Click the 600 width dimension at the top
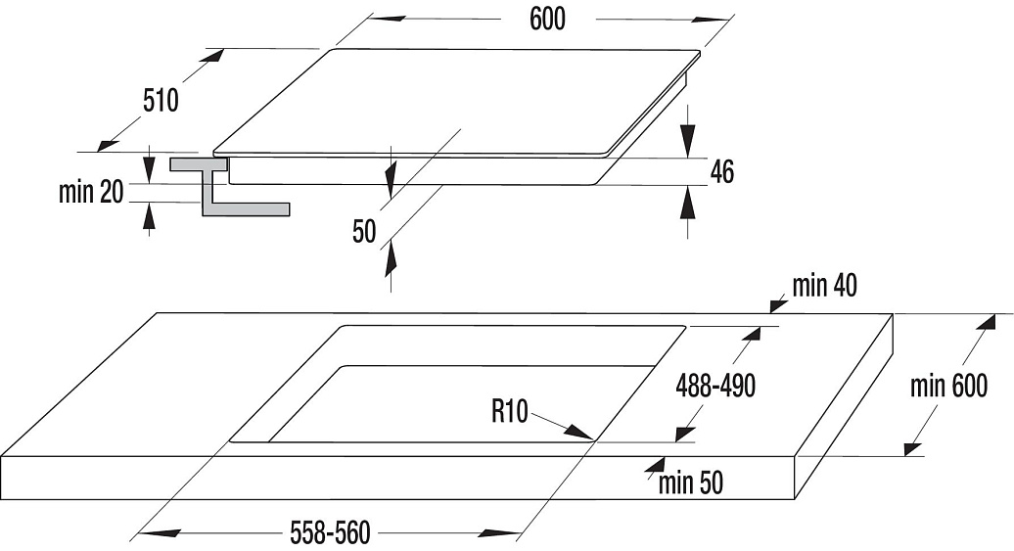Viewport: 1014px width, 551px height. (x=547, y=19)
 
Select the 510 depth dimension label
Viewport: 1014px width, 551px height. (x=161, y=100)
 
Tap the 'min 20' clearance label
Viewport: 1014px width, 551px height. (x=90, y=192)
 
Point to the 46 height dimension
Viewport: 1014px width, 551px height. (x=722, y=171)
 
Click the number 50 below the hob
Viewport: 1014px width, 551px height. (x=364, y=232)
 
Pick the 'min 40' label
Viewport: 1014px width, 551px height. (x=824, y=285)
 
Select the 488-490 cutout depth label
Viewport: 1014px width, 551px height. (x=715, y=386)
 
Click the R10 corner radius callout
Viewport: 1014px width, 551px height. (x=510, y=411)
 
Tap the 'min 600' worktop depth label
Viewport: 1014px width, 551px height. (x=948, y=386)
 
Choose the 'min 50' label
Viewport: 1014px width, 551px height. (x=691, y=483)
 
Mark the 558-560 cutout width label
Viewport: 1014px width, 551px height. (x=331, y=532)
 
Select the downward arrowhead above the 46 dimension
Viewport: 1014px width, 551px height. (x=688, y=137)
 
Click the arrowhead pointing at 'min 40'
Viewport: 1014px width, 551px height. (x=777, y=303)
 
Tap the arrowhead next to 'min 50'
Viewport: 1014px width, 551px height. (x=655, y=467)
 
